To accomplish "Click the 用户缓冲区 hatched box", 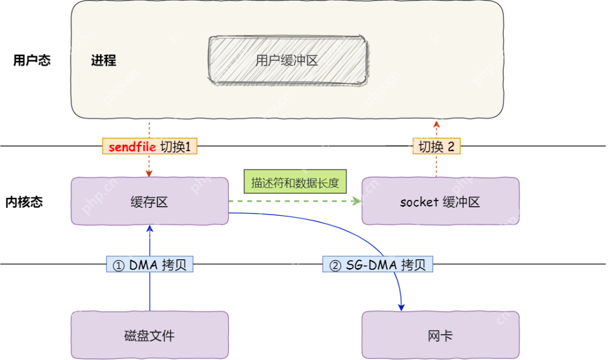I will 288,61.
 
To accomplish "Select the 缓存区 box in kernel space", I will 150,202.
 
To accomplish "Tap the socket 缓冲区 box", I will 440,202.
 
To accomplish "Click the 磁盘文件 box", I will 150,336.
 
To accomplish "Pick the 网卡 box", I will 440,336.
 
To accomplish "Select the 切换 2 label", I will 436,147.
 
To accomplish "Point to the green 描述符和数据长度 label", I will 296,184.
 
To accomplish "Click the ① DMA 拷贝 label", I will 150,265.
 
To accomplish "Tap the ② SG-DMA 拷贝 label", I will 378,265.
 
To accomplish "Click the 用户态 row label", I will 32,60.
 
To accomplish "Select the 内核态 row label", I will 24,202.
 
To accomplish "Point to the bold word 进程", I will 104,60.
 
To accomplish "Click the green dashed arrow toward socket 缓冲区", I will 293,201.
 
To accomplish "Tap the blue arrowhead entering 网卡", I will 401,306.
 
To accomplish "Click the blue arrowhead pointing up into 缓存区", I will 150,228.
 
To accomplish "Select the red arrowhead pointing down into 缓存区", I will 150,174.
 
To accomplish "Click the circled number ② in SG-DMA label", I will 335,265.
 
